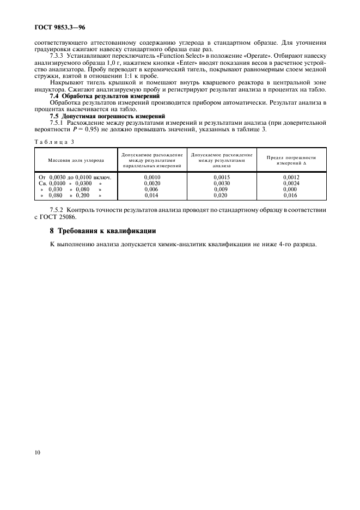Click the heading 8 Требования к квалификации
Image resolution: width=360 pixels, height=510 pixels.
pos(103,231)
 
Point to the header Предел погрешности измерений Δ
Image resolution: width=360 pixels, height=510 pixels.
pos(291,160)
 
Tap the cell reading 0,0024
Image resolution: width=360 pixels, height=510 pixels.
pos(291,184)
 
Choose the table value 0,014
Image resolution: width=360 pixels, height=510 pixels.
pos(151,195)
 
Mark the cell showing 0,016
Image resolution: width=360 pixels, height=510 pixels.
pos(291,195)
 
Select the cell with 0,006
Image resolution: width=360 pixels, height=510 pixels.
pos(151,189)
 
